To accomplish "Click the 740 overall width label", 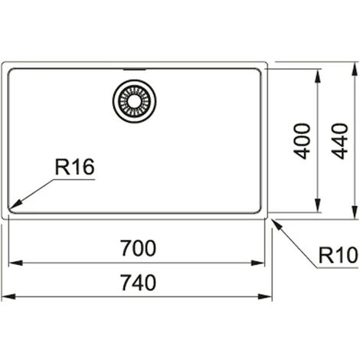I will tap(139, 282).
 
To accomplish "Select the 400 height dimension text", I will tap(303, 139).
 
